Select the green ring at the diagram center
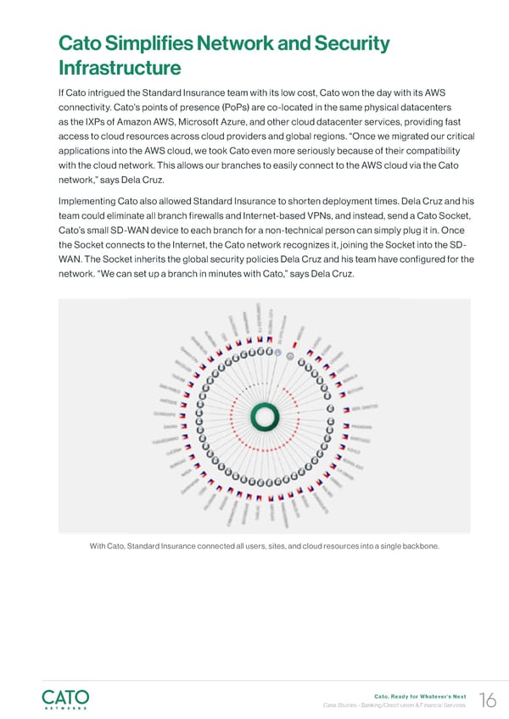265,415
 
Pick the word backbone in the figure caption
417,545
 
